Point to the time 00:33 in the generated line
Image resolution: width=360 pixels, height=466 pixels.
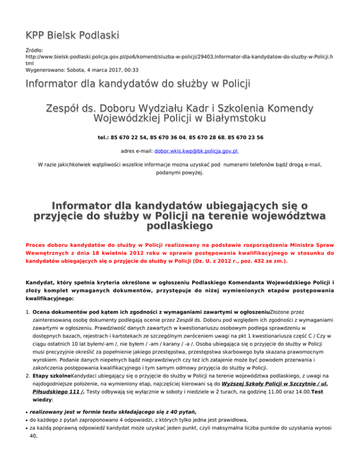129,69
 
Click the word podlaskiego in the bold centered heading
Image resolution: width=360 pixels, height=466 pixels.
180,226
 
